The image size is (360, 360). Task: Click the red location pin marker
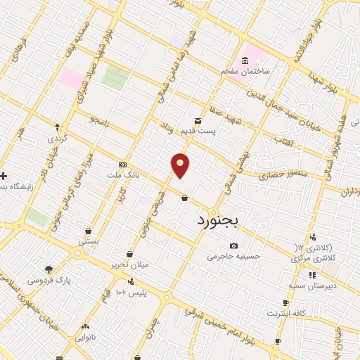pyautogui.click(x=181, y=165)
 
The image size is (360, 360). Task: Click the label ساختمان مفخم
pyautogui.click(x=245, y=71)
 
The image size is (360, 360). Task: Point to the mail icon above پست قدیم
pyautogui.click(x=198, y=120)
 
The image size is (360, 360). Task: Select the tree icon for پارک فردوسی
pyautogui.click(x=49, y=269)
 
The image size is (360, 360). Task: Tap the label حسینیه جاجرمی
pyautogui.click(x=233, y=257)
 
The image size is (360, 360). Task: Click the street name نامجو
pyautogui.click(x=100, y=122)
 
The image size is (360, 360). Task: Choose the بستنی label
pyautogui.click(x=88, y=241)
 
